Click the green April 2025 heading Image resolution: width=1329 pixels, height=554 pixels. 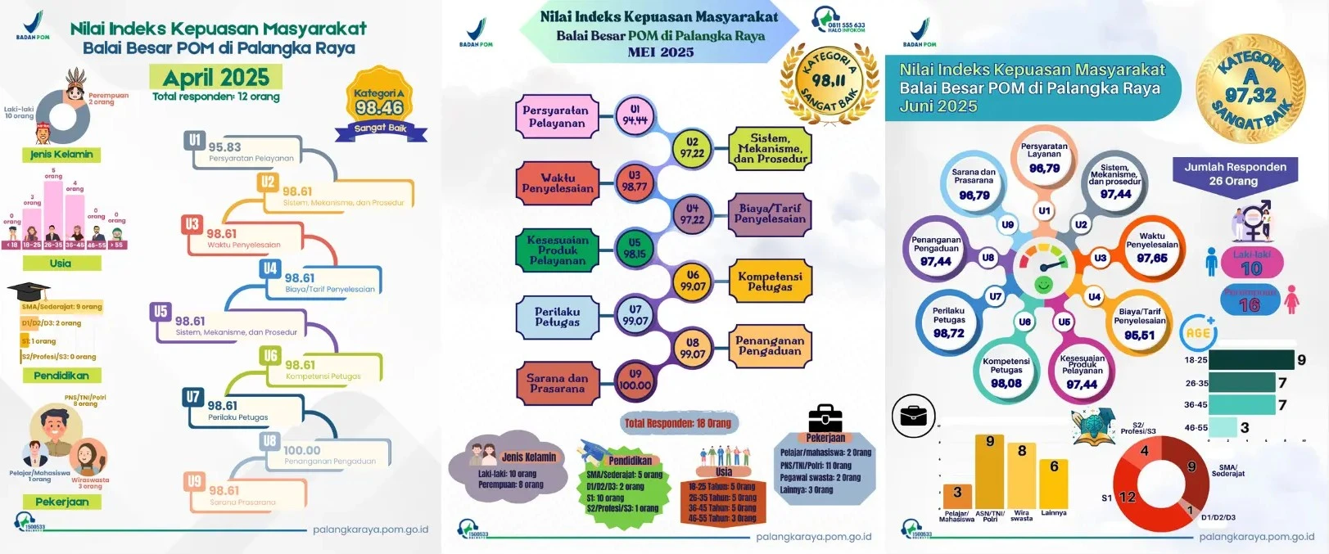tap(215, 77)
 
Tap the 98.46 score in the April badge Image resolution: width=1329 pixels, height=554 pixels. tap(379, 108)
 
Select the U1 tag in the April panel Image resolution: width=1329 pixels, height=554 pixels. tap(194, 141)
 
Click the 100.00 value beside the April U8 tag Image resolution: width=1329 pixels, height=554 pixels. tap(302, 450)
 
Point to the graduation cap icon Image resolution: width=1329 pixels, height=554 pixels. tap(29, 291)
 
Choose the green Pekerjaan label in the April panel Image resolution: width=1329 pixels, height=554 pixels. tap(62, 502)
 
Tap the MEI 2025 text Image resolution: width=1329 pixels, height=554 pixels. tap(660, 52)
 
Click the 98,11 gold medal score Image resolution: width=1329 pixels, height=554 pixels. tap(829, 80)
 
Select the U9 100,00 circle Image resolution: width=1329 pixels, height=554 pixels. tap(635, 380)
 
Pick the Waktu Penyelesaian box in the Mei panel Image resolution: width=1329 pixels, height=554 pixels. tap(558, 182)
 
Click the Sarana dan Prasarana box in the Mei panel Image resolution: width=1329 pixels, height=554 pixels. tap(557, 383)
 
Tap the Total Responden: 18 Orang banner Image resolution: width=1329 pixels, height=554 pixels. tap(677, 423)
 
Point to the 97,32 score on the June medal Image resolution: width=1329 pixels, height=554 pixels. tap(1250, 95)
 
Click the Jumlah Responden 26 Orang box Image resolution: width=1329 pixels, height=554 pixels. tap(1235, 173)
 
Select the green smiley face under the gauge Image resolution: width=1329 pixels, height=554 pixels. tap(1043, 285)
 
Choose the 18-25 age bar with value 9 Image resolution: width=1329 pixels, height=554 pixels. tap(1250, 360)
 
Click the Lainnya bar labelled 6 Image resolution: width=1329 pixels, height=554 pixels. tap(1053, 483)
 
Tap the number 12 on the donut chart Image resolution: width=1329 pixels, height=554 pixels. tap(1127, 497)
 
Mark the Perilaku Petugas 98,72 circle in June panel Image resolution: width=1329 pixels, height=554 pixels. tap(949, 322)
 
